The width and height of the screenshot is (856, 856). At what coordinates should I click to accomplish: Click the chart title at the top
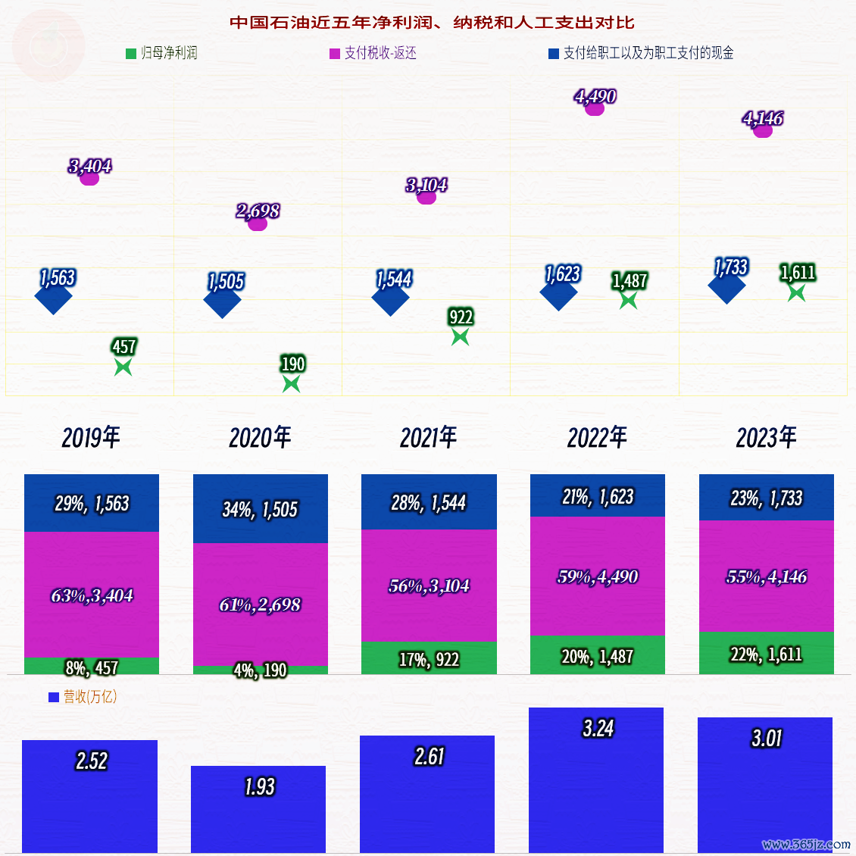432,23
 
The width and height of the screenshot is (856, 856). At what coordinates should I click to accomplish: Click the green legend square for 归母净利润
131,53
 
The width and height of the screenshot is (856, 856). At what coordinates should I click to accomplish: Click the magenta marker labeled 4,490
595,108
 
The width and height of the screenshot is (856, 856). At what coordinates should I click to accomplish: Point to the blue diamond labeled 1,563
54,296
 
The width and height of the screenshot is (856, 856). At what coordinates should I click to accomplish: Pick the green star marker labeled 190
291,384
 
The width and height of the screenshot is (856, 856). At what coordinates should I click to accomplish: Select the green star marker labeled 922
460,336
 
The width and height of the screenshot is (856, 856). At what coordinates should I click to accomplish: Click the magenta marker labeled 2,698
258,223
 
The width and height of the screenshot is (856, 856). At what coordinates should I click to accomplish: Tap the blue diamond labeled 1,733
726,286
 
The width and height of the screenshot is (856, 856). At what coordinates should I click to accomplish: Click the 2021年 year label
429,438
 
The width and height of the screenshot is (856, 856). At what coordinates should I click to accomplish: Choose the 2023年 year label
766,438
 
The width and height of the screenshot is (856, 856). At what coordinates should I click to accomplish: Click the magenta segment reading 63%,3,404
92,595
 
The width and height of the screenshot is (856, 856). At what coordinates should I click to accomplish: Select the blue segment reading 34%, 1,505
260,509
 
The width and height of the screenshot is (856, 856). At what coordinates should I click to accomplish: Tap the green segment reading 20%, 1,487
597,656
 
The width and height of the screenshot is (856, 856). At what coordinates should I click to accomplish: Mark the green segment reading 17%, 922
429,659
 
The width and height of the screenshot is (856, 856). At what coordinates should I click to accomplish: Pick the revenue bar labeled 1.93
258,809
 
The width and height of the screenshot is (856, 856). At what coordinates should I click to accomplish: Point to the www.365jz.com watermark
806,844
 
